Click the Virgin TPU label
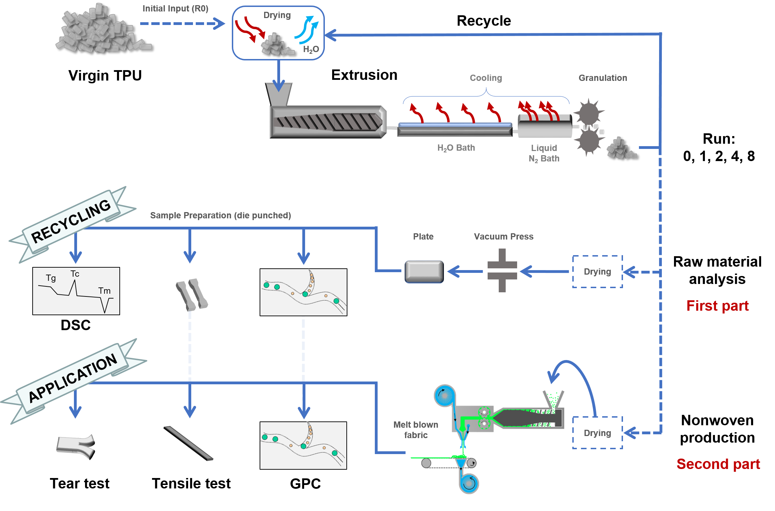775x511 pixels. pyautogui.click(x=105, y=75)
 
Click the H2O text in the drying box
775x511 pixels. pyautogui.click(x=311, y=50)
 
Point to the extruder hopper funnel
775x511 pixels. pyautogui.click(x=278, y=94)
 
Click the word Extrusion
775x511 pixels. pyautogui.click(x=364, y=75)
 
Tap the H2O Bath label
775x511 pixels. pyautogui.click(x=456, y=148)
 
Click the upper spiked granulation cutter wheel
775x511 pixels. pyautogui.click(x=589, y=113)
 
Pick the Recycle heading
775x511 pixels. pyautogui.click(x=483, y=21)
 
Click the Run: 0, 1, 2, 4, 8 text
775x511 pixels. pyautogui.click(x=718, y=148)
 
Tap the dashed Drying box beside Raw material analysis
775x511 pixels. pyautogui.click(x=597, y=271)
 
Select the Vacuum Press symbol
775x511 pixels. pyautogui.click(x=502, y=270)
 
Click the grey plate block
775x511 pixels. pyautogui.click(x=424, y=271)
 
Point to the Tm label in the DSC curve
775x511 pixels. pyautogui.click(x=104, y=291)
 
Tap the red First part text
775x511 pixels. pyautogui.click(x=717, y=306)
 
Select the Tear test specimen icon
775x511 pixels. pyautogui.click(x=76, y=446)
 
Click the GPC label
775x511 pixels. pyautogui.click(x=305, y=484)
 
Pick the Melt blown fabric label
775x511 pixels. pyautogui.click(x=415, y=430)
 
